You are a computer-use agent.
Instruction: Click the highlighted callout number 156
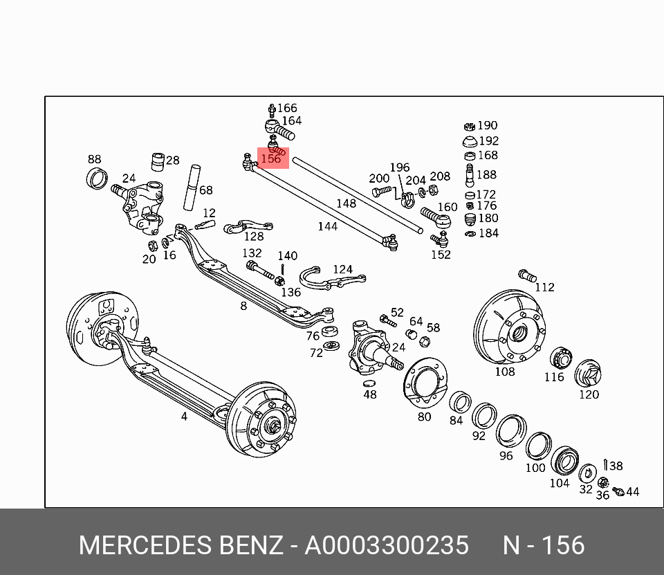[x=271, y=158]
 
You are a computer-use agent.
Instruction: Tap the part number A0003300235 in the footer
[x=387, y=545]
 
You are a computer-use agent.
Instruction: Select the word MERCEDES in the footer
[x=144, y=545]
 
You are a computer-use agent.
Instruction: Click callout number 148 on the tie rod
[x=346, y=203]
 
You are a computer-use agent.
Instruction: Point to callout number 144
[x=327, y=226]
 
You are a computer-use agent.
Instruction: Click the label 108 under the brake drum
[x=504, y=372]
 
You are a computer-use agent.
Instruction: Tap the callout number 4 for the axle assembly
[x=184, y=417]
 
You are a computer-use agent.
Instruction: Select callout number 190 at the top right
[x=487, y=125]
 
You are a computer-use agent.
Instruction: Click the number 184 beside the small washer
[x=488, y=233]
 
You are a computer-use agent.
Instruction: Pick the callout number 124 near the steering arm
[x=342, y=269]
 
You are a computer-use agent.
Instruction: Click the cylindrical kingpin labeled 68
[x=192, y=187]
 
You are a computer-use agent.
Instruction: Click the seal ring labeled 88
[x=96, y=179]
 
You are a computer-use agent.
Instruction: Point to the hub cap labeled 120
[x=587, y=374]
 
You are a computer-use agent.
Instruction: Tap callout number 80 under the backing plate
[x=424, y=416]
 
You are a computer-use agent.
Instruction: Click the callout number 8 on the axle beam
[x=243, y=305]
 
